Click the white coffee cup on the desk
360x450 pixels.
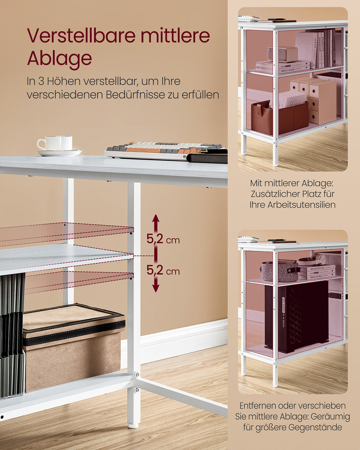(54, 143)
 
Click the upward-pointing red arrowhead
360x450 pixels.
(156, 218)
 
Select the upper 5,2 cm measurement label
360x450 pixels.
(163, 239)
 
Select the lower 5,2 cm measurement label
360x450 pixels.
(163, 270)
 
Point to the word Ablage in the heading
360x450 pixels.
(59, 59)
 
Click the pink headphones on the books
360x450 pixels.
(312, 260)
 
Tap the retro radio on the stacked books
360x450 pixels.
(282, 54)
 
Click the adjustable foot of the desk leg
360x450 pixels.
(133, 425)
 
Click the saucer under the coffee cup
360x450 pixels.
(59, 153)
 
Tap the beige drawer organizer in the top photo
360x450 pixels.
(313, 101)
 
